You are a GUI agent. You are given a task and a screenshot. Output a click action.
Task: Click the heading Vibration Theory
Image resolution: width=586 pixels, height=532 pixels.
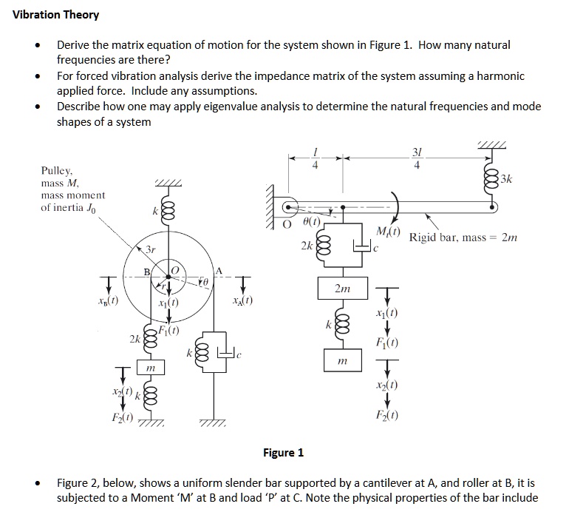coord(56,15)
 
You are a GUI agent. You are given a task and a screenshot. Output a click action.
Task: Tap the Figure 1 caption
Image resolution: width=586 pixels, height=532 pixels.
coord(283,452)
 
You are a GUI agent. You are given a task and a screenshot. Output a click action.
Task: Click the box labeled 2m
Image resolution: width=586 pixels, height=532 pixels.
coord(341,289)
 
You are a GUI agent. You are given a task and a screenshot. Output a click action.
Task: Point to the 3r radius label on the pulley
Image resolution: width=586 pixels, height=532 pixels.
coord(149,250)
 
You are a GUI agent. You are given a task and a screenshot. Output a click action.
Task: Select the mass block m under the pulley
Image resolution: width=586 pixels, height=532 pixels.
coord(150,368)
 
